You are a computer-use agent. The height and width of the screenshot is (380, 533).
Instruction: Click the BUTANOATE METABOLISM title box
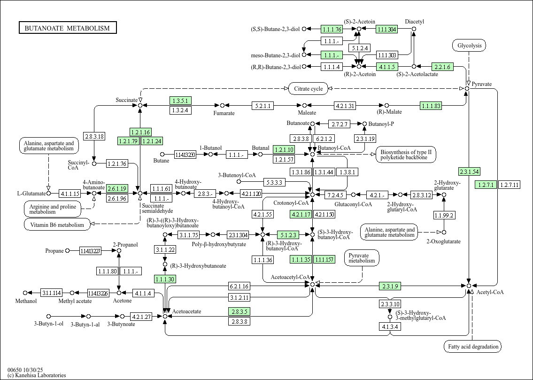(67, 28)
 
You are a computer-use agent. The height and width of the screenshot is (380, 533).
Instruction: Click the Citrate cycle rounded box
(308, 88)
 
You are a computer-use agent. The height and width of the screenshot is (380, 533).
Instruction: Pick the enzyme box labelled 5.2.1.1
(263, 106)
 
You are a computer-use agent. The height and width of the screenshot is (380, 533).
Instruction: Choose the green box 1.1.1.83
(431, 106)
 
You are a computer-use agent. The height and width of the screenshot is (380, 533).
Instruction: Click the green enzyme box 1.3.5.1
(180, 101)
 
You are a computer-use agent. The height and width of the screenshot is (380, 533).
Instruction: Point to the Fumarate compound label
(224, 113)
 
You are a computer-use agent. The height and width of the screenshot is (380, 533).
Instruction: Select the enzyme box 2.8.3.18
(94, 137)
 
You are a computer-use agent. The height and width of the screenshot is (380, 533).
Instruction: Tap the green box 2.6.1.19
(117, 188)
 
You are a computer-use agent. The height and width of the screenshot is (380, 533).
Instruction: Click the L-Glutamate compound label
(31, 194)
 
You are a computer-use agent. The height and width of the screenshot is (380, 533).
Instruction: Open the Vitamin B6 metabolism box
(57, 225)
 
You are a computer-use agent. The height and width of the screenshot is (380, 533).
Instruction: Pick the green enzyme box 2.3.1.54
(469, 171)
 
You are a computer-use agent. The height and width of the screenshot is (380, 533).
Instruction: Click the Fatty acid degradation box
(472, 347)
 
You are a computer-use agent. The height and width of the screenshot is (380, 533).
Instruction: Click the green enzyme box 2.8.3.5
(239, 311)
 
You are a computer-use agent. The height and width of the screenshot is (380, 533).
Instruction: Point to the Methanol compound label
(26, 301)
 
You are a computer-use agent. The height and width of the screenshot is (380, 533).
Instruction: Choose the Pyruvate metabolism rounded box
(362, 257)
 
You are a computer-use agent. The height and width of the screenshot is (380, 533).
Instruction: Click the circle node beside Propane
(67, 251)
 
